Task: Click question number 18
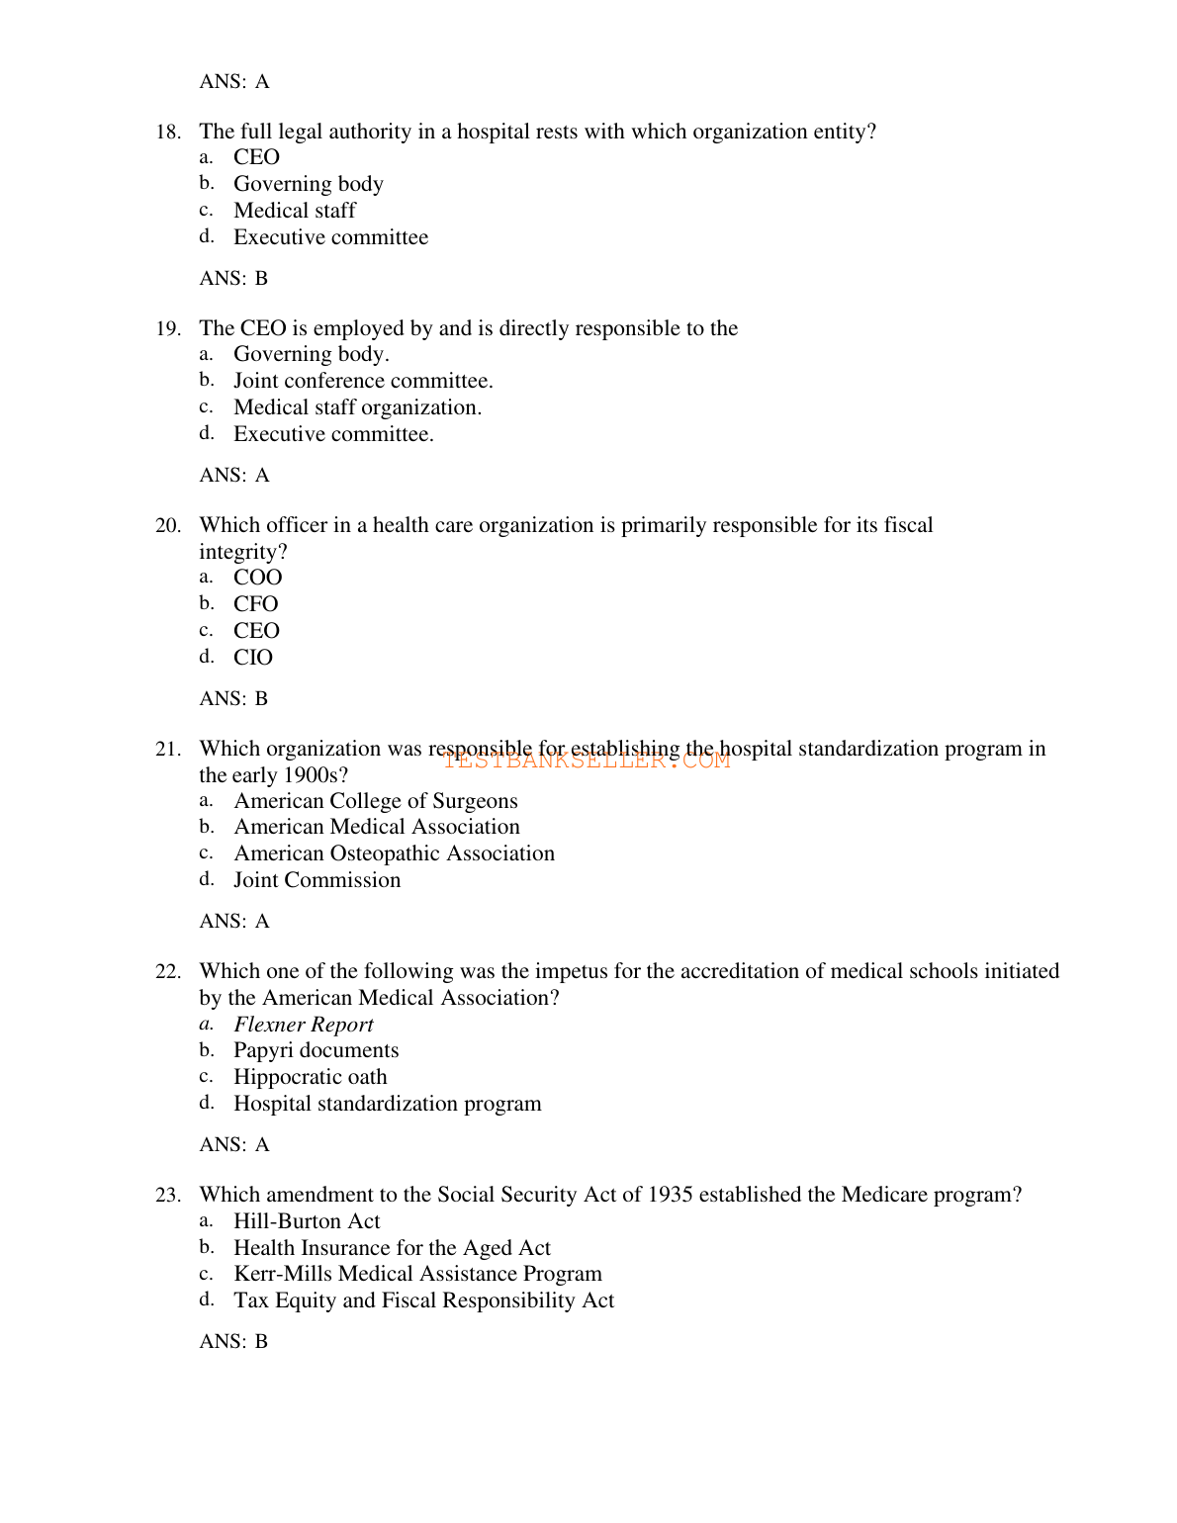pyautogui.click(x=167, y=133)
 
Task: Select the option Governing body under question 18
pyautogui.click(x=308, y=184)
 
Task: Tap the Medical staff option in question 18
pyautogui.click(x=294, y=211)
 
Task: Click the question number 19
pyautogui.click(x=167, y=329)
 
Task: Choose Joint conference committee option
pyautogui.click(x=362, y=381)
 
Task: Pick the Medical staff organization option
pyautogui.click(x=357, y=407)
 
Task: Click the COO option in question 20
pyautogui.click(x=257, y=578)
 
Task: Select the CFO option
pyautogui.click(x=255, y=604)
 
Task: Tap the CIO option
pyautogui.click(x=252, y=658)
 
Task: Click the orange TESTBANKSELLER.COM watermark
pyautogui.click(x=587, y=761)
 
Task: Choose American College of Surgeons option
pyautogui.click(x=375, y=801)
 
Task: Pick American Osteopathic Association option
pyautogui.click(x=394, y=853)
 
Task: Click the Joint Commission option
pyautogui.click(x=317, y=880)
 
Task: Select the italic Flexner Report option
pyautogui.click(x=303, y=1025)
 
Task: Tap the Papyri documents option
pyautogui.click(x=316, y=1050)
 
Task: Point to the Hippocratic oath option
pyautogui.click(x=310, y=1077)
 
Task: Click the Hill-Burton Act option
pyautogui.click(x=306, y=1221)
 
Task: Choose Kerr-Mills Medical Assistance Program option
pyautogui.click(x=416, y=1274)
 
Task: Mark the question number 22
pyautogui.click(x=167, y=972)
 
